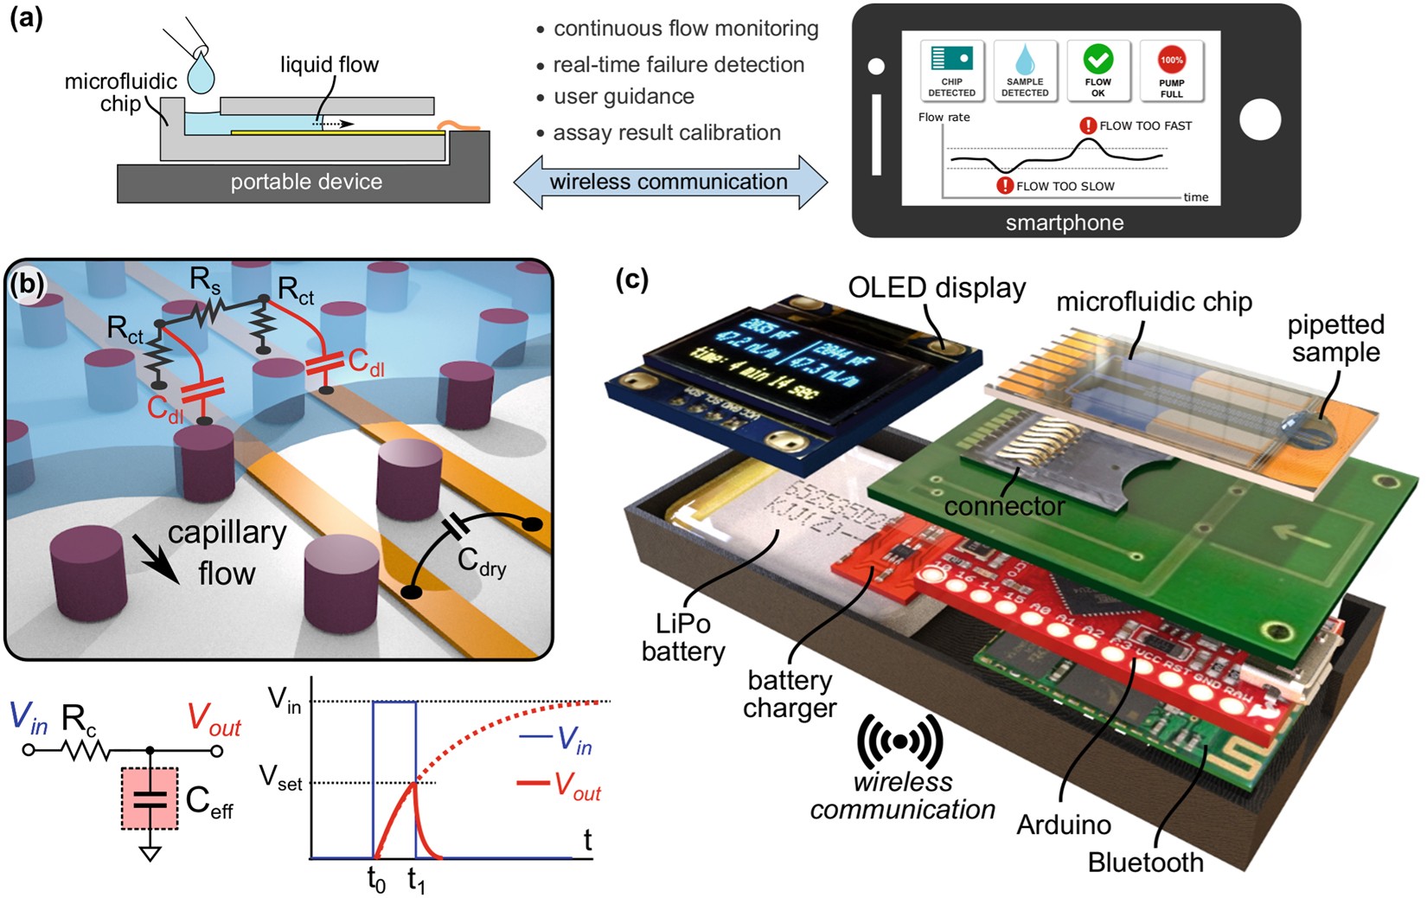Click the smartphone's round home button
coord(1259,120)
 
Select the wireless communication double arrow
coord(669,183)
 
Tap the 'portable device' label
coord(306,183)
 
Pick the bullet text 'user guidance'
coord(624,97)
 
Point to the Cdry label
coord(481,563)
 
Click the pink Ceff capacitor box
coord(150,798)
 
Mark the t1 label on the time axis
coord(416,881)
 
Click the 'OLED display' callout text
coord(937,288)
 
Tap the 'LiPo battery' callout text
coord(683,638)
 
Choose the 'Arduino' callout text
coord(1063,825)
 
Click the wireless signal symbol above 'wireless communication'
coord(899,742)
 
